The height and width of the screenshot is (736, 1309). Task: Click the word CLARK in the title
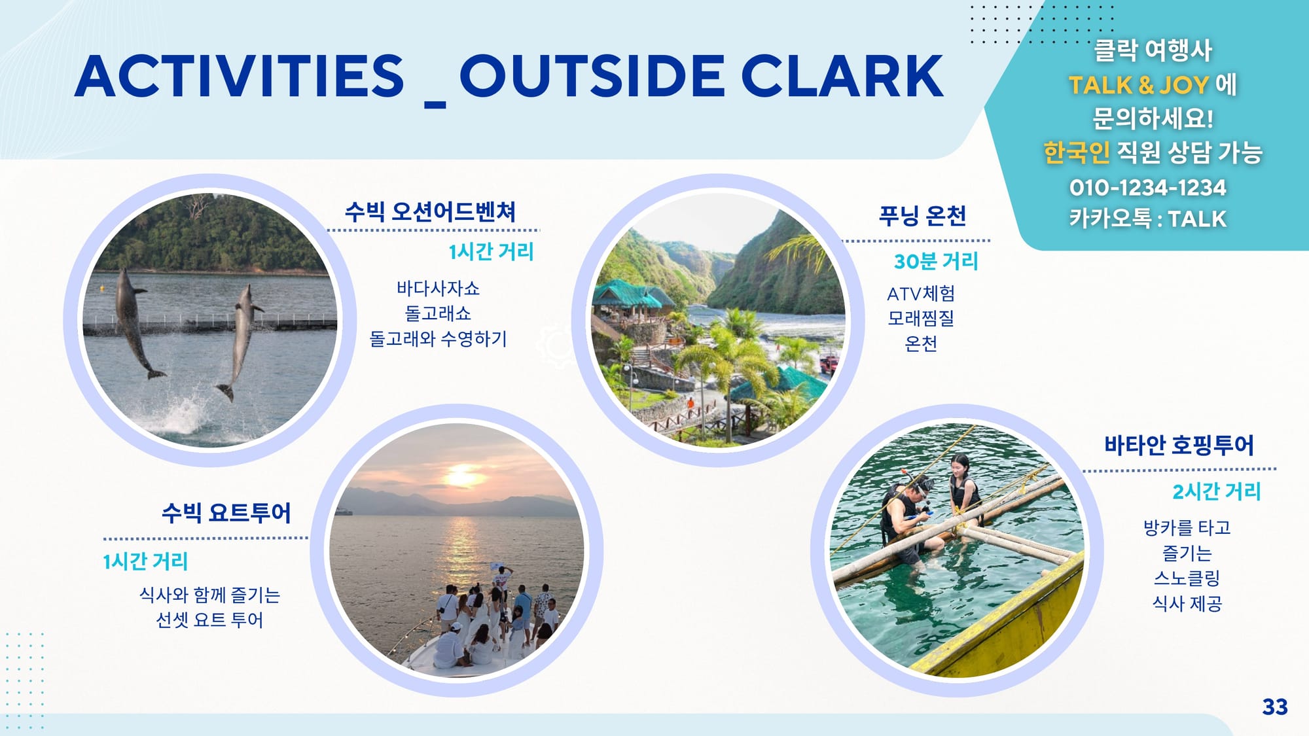pos(842,76)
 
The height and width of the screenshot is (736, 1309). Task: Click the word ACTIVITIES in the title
pos(240,76)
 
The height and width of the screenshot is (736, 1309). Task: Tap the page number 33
pos(1275,707)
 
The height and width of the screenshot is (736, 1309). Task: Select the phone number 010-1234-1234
pos(1147,188)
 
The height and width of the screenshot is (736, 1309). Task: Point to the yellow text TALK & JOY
pos(1139,85)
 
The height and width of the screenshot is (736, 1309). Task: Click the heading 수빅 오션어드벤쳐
pos(430,211)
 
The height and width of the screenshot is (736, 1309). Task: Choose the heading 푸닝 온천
pos(922,215)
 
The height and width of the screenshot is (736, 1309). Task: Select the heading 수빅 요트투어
pos(226,512)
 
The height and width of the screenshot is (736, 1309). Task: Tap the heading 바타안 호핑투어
pos(1179,445)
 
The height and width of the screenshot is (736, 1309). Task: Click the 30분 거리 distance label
pos(936,262)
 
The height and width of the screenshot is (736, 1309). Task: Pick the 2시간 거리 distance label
pos(1216,491)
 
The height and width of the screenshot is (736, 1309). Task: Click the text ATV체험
pos(921,294)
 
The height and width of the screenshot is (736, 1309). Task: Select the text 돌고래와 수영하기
pos(438,339)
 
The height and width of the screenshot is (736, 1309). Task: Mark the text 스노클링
pos(1187,578)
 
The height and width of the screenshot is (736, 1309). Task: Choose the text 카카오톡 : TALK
pos(1147,219)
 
